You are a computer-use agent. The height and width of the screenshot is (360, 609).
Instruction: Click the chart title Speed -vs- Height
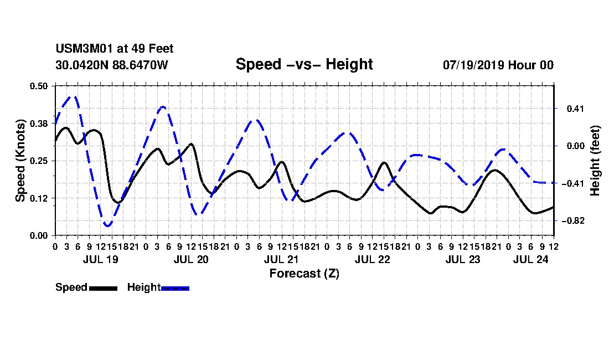[x=304, y=64]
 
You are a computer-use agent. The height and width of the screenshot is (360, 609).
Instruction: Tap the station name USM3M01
[x=84, y=49]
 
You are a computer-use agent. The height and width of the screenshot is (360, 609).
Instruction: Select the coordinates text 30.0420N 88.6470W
[x=112, y=65]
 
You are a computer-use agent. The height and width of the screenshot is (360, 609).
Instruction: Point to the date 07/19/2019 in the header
[x=473, y=65]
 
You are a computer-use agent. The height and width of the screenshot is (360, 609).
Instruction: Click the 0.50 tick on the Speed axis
[x=39, y=86]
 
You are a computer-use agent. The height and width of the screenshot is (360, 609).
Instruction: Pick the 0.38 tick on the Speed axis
[x=39, y=124]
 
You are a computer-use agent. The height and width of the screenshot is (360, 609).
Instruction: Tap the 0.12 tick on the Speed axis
[x=39, y=198]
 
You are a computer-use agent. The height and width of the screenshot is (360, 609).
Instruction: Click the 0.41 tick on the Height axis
[x=575, y=109]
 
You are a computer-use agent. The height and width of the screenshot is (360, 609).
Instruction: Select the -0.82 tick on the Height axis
[x=573, y=220]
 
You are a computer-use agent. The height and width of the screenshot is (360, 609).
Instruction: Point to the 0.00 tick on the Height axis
[x=575, y=146]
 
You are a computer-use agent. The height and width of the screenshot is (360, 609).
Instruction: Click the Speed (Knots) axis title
[x=20, y=161]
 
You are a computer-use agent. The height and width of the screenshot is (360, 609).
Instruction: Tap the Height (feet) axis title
[x=595, y=161]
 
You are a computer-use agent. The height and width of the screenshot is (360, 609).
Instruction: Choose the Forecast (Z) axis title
[x=304, y=274]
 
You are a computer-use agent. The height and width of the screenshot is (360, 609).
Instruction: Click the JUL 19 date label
[x=101, y=259]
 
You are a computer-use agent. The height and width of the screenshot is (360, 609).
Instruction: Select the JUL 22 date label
[x=372, y=259]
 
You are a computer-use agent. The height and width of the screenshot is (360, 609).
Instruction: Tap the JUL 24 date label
[x=530, y=259]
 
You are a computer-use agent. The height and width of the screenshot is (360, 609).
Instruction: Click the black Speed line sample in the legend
[x=104, y=288]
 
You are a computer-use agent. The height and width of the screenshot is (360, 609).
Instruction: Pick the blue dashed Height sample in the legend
[x=175, y=288]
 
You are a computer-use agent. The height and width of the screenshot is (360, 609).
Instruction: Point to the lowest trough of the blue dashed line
[x=107, y=225]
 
